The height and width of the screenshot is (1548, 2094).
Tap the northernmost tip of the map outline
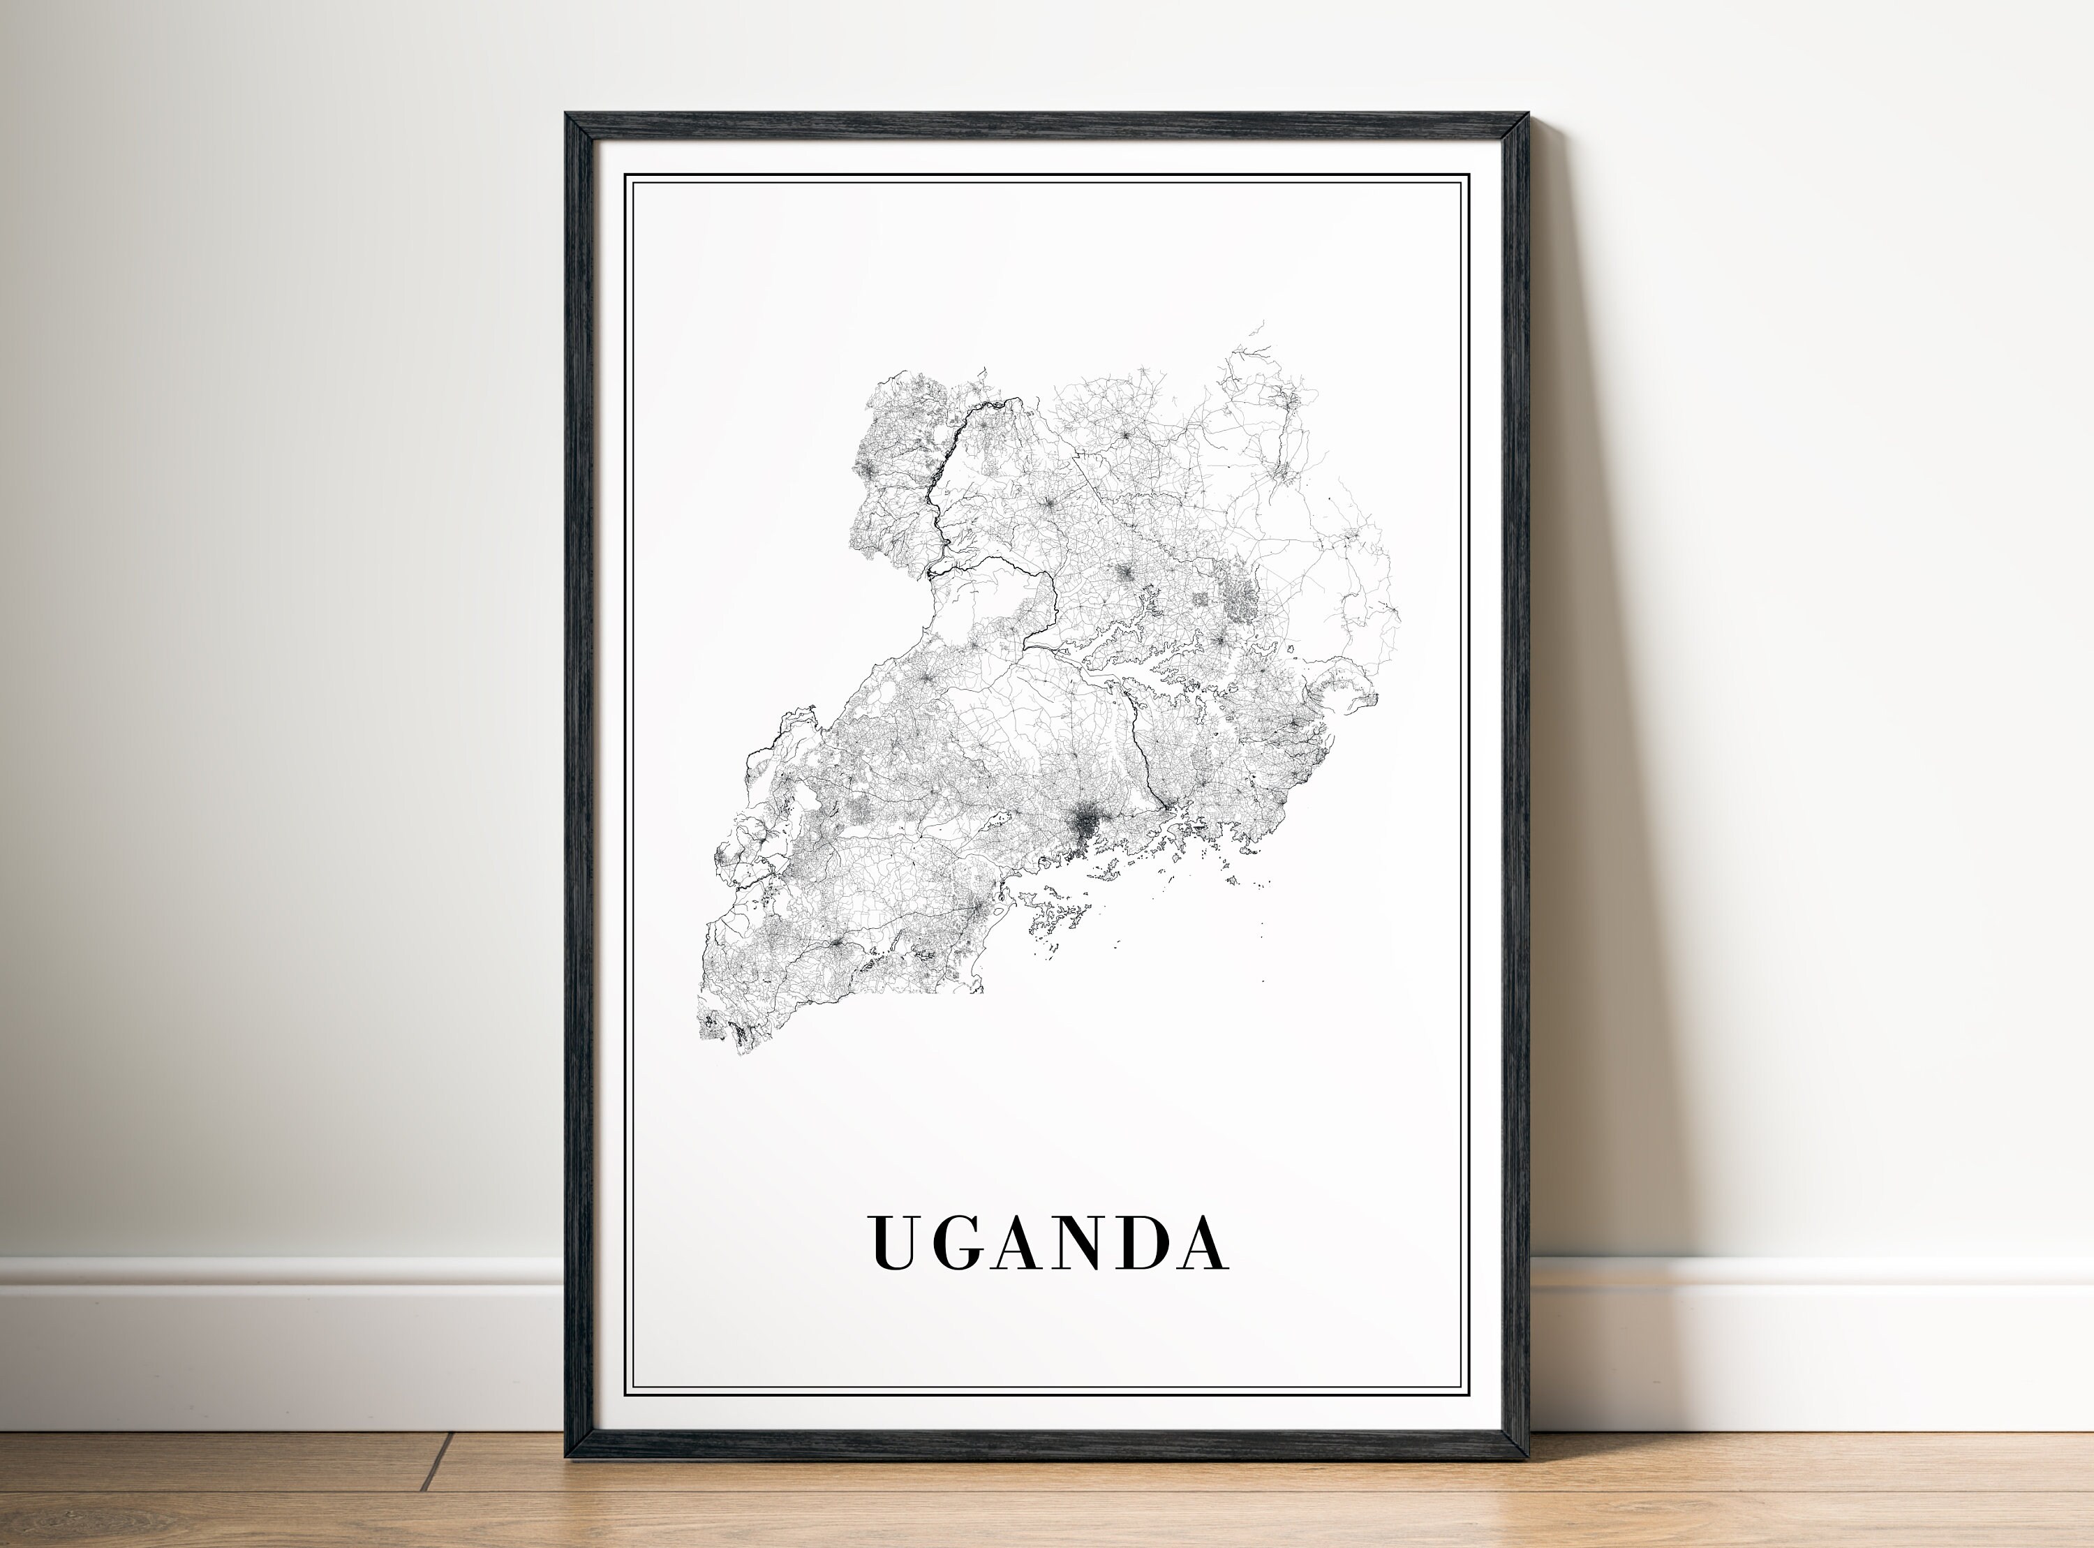pyautogui.click(x=1261, y=323)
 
